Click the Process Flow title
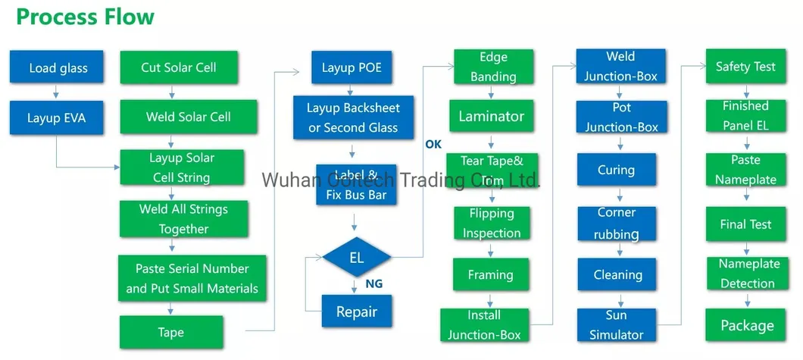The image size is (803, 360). [85, 17]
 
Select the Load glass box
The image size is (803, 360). [58, 67]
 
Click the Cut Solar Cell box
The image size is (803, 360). [179, 67]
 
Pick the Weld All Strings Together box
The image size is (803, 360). [183, 219]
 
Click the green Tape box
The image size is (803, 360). [171, 333]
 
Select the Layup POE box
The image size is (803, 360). [352, 67]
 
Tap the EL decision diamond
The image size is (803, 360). [356, 258]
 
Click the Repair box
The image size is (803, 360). [356, 311]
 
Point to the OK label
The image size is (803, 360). [433, 144]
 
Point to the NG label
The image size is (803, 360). [374, 285]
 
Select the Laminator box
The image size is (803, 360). [491, 116]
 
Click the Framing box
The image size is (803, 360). [490, 274]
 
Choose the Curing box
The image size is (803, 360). [616, 170]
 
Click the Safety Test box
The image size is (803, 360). [745, 67]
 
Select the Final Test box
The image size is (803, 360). [745, 224]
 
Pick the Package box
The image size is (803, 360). [747, 325]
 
